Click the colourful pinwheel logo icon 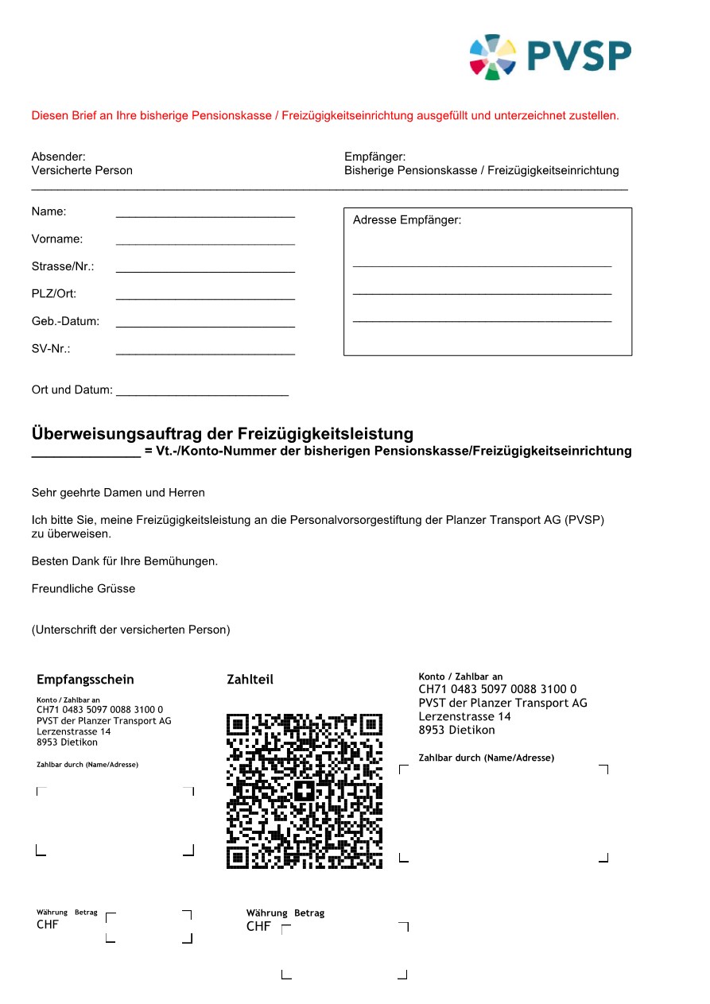pyautogui.click(x=493, y=56)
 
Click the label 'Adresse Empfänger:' pyautogui.click(x=407, y=220)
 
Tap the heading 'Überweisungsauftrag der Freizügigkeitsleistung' pyautogui.click(x=223, y=434)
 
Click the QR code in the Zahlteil pyautogui.click(x=305, y=790)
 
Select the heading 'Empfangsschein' pyautogui.click(x=85, y=680)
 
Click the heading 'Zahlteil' pyautogui.click(x=250, y=680)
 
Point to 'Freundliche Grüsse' pyautogui.click(x=83, y=589)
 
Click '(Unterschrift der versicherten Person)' pyautogui.click(x=131, y=630)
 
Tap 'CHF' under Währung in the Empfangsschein pyautogui.click(x=48, y=925)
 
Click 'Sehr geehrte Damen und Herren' pyautogui.click(x=118, y=493)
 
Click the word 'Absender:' pyautogui.click(x=59, y=157)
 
